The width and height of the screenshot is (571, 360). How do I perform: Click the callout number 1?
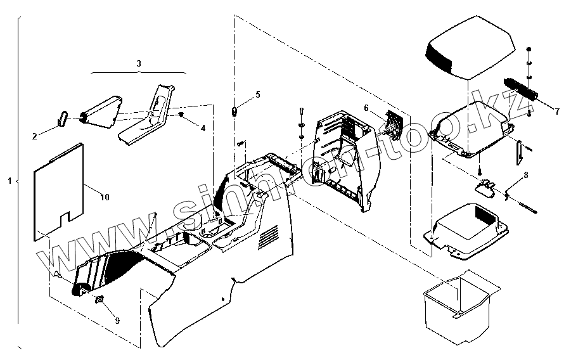click(x=10, y=181)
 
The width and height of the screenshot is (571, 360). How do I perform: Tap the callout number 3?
click(x=139, y=63)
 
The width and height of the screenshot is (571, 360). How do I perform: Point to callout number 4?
click(x=203, y=128)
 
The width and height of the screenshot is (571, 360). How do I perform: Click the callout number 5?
click(x=257, y=94)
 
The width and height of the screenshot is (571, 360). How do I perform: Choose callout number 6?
click(x=366, y=108)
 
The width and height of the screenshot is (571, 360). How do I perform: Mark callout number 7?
click(x=557, y=112)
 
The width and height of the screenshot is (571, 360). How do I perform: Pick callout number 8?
click(x=526, y=174)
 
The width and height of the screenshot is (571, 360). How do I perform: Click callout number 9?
click(x=117, y=320)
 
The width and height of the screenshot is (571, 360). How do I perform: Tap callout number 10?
click(x=105, y=198)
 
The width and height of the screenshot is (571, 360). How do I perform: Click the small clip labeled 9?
click(x=99, y=299)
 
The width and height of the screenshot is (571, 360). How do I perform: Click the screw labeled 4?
click(x=181, y=115)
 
